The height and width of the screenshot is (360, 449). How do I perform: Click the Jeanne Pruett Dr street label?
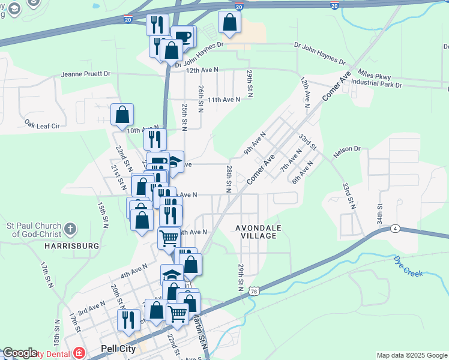[x=86, y=74]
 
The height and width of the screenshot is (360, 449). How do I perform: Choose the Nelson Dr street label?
[x=346, y=148]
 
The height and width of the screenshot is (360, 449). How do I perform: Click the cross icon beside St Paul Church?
[x=71, y=229]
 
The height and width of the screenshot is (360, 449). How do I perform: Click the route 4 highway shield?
[x=394, y=228]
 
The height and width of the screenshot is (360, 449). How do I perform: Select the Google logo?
[x=20, y=353]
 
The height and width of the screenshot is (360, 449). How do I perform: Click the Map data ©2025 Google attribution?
[x=411, y=355]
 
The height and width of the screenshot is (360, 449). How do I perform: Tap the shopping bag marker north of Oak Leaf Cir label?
[x=122, y=114]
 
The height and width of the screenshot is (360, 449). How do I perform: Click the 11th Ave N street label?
[x=224, y=100]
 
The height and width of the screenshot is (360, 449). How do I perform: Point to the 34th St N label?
[x=379, y=214]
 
